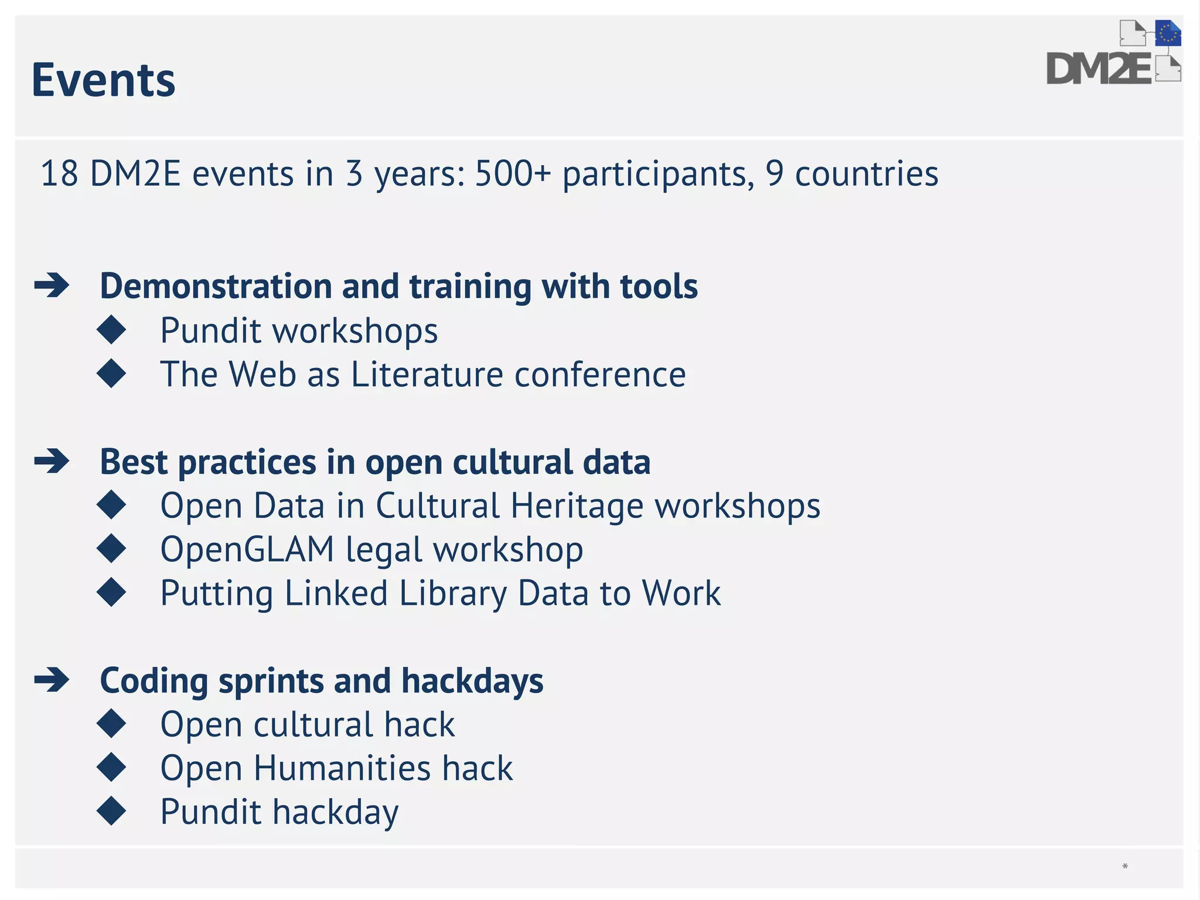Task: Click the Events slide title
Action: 103,80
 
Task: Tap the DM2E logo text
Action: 1099,69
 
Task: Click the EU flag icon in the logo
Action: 1167,33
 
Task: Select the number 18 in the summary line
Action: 59,174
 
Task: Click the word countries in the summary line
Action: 866,174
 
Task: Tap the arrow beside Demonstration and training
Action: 52,286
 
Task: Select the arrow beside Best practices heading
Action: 52,462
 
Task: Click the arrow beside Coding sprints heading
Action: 52,680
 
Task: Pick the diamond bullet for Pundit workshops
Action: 111,330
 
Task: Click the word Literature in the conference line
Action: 427,374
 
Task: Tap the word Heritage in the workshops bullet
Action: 577,506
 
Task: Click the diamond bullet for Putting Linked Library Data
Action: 111,592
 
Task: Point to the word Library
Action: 453,594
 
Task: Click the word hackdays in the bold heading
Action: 472,681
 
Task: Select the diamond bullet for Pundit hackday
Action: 111,811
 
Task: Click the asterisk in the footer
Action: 1124,867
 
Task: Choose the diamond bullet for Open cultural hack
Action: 111,724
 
